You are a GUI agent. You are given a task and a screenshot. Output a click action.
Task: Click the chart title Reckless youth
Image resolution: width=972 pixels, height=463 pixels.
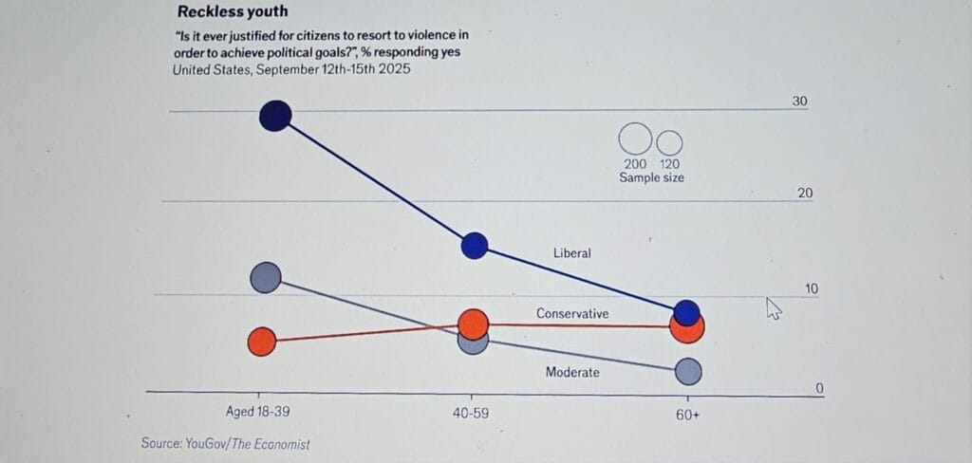point(233,11)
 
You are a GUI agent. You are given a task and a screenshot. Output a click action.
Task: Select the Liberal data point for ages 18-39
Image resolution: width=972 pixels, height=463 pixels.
point(274,116)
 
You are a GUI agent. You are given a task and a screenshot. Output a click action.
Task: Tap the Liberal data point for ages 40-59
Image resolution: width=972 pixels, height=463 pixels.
point(475,246)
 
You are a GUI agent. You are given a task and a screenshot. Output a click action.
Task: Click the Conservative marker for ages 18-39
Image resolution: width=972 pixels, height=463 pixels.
point(262,342)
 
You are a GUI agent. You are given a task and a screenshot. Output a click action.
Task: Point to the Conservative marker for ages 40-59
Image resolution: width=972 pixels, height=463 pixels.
point(473,324)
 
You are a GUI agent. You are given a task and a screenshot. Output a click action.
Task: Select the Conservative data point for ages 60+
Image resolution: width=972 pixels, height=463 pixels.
point(686,328)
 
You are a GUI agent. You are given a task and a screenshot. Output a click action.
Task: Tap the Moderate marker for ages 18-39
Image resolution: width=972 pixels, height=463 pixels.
point(267,277)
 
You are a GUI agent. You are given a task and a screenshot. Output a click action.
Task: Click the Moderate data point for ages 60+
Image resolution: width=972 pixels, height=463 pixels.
point(688,372)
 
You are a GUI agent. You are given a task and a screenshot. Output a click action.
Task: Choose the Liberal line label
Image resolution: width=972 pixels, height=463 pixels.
point(572,253)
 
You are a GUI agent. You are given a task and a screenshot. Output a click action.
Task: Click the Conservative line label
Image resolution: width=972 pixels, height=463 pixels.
point(572,313)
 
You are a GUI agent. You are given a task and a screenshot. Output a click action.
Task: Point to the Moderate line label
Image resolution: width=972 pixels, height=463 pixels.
point(572,372)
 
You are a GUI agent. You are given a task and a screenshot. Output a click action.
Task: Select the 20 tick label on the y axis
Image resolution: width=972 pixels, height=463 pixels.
point(805,194)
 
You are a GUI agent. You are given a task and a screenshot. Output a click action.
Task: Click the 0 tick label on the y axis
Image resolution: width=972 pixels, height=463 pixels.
point(819,388)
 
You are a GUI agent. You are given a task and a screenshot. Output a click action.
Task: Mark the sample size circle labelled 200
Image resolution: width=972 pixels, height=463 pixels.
point(634,139)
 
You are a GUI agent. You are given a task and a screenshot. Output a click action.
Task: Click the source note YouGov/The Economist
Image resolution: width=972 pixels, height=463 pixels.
point(225,443)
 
